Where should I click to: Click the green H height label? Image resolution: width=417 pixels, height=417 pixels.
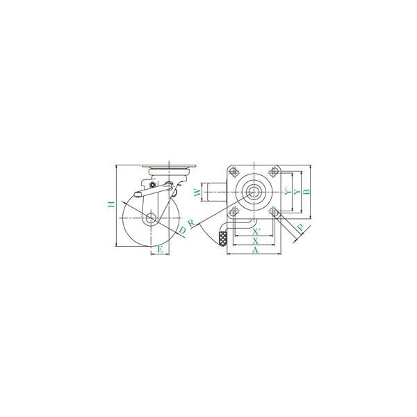point(111,204)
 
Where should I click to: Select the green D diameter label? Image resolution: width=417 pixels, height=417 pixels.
point(182,230)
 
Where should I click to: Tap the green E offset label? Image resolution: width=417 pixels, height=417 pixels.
point(160,250)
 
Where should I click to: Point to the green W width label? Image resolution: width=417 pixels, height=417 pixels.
point(197,193)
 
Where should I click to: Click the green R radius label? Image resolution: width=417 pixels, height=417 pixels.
point(191,223)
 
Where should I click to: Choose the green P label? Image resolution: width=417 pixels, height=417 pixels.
point(300,228)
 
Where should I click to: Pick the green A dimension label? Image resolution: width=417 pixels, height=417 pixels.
point(255,250)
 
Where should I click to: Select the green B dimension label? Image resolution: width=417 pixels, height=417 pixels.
point(306,192)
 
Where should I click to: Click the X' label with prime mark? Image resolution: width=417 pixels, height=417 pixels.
point(256,231)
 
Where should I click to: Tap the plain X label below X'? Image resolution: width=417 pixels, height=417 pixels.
point(255,241)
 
